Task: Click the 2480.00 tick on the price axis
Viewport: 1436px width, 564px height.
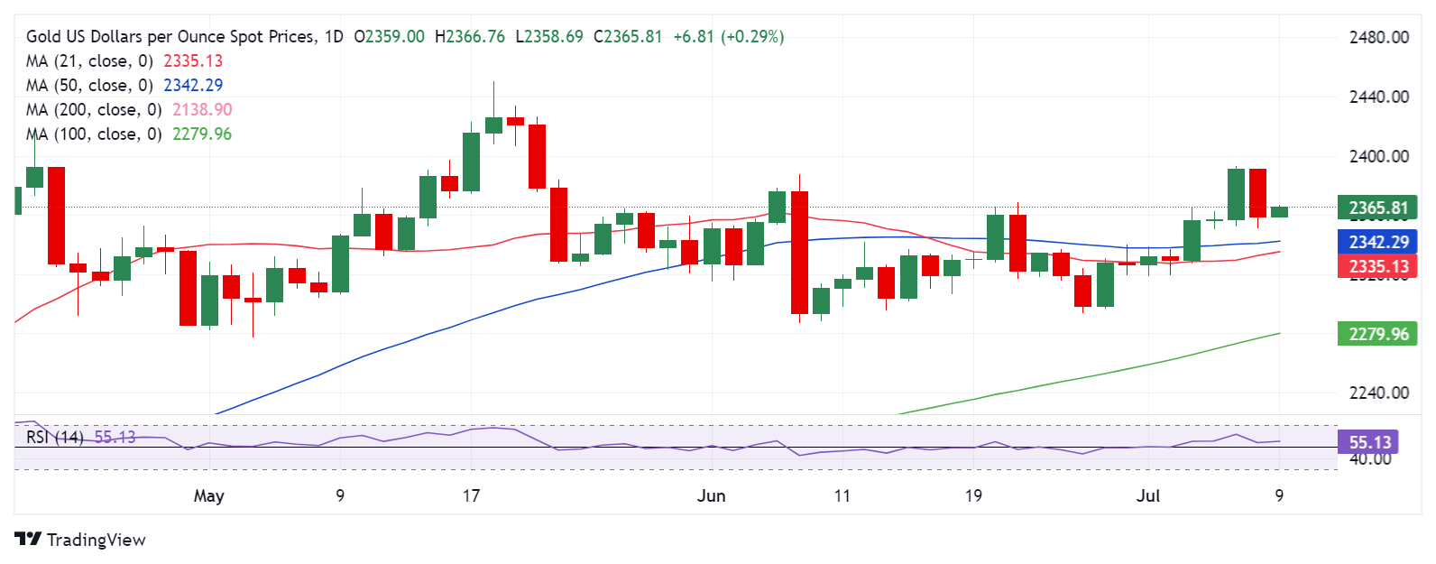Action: [1378, 37]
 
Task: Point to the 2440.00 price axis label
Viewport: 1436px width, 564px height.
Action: [1378, 97]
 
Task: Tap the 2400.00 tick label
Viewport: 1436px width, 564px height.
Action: [1378, 156]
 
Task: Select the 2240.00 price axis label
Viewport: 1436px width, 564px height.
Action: [1378, 393]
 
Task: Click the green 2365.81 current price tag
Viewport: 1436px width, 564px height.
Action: [1377, 208]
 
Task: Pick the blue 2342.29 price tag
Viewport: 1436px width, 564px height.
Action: [1377, 242]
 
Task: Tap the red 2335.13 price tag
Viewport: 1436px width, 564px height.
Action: [1377, 266]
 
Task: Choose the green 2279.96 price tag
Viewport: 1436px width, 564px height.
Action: [1377, 334]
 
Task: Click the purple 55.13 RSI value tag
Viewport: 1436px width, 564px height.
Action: [1369, 442]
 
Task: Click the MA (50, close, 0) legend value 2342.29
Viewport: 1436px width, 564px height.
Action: [193, 86]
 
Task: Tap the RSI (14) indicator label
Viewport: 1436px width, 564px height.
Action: [55, 438]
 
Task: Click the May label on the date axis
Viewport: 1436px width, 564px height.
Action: [208, 495]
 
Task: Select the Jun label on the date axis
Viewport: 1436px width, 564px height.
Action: [711, 495]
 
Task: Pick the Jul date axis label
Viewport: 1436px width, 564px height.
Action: [1147, 495]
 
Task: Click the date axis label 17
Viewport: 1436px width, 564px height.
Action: [471, 495]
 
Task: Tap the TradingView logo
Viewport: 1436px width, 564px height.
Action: [79, 540]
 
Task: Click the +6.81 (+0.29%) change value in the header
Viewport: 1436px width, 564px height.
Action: [729, 37]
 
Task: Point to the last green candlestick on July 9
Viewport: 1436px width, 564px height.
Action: [1279, 212]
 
